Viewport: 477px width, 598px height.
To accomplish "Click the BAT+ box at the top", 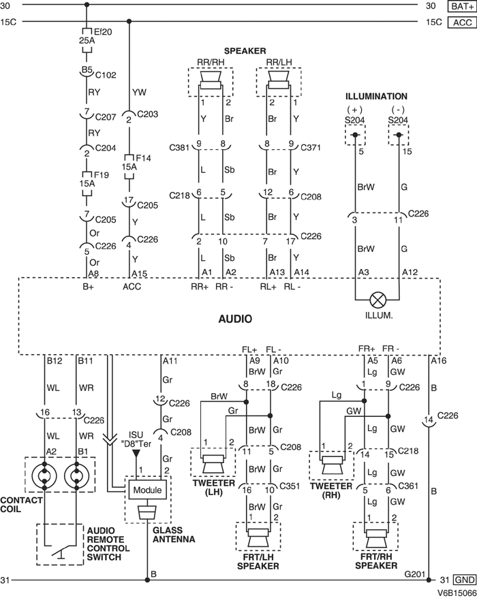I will (x=459, y=6).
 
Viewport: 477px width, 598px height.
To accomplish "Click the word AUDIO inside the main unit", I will (x=236, y=318).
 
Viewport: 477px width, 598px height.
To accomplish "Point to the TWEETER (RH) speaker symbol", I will (x=332, y=465).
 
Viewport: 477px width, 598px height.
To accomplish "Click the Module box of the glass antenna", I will (x=147, y=490).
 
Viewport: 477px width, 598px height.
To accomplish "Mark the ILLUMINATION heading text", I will (x=376, y=97).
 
